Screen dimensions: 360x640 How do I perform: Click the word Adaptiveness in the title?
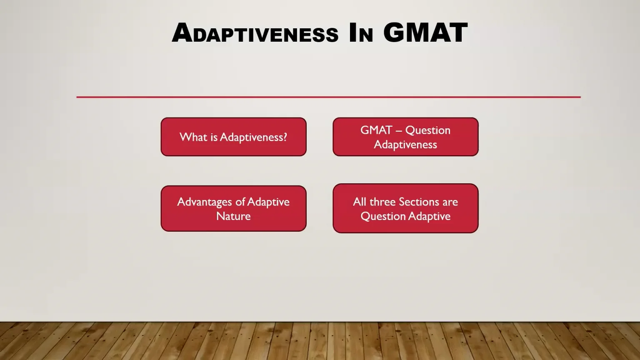pyautogui.click(x=255, y=33)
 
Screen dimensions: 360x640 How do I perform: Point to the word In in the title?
pyautogui.click(x=361, y=33)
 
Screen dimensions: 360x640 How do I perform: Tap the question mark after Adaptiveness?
pyautogui.click(x=285, y=137)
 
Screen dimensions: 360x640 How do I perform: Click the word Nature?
pyautogui.click(x=233, y=216)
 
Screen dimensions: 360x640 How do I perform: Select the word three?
pyautogui.click(x=382, y=202)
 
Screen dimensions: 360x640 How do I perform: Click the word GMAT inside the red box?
pyautogui.click(x=376, y=130)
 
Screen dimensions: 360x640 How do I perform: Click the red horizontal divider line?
pyautogui.click(x=328, y=97)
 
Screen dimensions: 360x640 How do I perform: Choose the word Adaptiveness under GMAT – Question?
pyautogui.click(x=405, y=145)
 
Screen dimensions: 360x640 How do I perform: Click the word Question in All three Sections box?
pyautogui.click(x=383, y=216)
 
